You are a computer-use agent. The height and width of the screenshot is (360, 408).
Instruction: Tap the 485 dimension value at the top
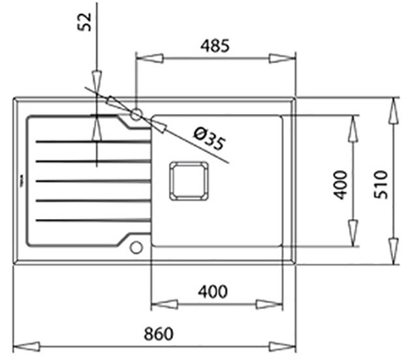[214, 46]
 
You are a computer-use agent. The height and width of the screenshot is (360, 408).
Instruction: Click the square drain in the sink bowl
[189, 180]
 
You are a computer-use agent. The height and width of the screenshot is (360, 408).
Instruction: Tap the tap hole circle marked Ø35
[136, 115]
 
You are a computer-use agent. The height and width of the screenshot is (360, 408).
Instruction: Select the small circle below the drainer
[136, 247]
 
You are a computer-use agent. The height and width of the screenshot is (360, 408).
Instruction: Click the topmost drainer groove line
[91, 141]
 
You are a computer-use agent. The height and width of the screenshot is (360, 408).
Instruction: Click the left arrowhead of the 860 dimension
[25, 346]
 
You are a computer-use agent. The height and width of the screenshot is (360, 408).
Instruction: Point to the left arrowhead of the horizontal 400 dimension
[164, 304]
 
